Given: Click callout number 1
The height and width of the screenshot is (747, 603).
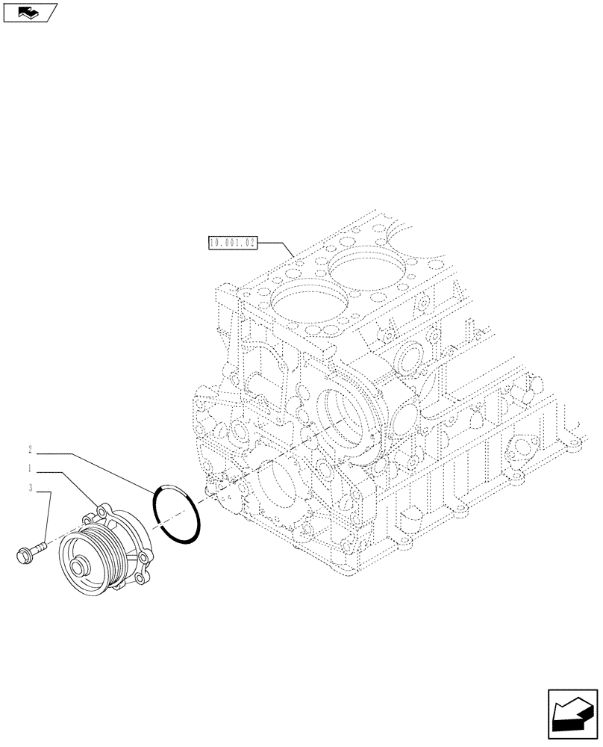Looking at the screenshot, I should [30, 470].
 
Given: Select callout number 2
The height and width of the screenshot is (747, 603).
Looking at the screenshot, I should [30, 450].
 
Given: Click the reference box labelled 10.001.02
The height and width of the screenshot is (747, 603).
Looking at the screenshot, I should [232, 243].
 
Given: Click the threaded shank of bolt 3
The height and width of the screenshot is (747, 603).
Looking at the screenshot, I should [39, 548].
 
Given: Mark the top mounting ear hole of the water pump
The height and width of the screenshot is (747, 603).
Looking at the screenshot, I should [103, 512].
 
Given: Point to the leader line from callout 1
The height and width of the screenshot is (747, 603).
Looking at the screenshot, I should [78, 486].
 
